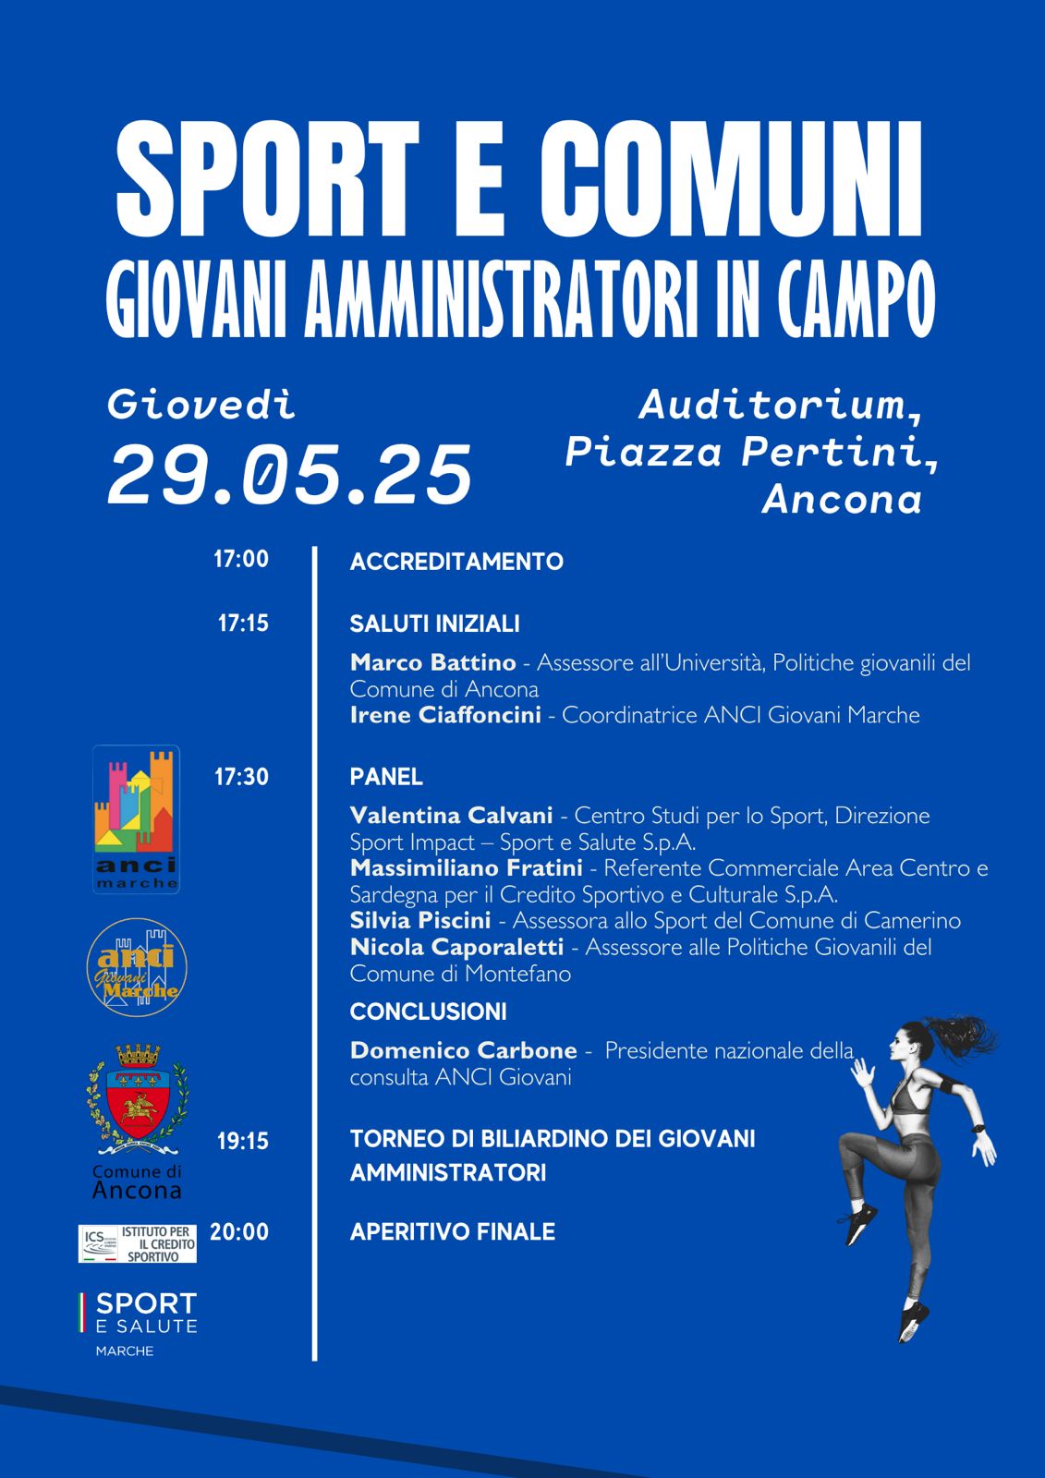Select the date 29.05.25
(x=289, y=475)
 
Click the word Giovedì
(x=202, y=405)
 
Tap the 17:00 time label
(x=241, y=559)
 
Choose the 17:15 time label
(x=243, y=624)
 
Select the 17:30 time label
(x=241, y=777)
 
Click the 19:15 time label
(x=242, y=1142)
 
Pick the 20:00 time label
(x=239, y=1231)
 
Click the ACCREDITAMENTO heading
(x=456, y=562)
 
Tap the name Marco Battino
(x=432, y=662)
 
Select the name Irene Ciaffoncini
(x=445, y=715)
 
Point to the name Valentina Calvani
(x=451, y=816)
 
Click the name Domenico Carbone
(x=463, y=1050)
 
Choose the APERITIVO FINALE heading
(x=453, y=1232)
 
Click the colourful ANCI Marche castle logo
(x=136, y=818)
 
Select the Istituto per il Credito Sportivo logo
(x=138, y=1243)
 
